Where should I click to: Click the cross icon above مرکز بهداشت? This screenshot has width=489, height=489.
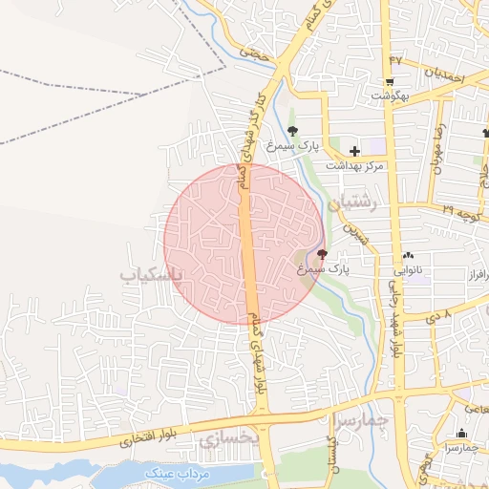354,151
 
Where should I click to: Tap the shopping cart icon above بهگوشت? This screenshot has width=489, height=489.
390,82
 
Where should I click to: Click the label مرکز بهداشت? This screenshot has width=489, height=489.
354,165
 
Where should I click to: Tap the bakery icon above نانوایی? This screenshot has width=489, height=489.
409,256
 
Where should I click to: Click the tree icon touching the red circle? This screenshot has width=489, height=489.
322,255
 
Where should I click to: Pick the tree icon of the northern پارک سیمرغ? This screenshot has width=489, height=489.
292,131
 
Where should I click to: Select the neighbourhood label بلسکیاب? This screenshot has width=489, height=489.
150,275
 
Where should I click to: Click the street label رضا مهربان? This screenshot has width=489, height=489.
440,142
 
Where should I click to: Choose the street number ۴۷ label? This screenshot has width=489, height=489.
395,62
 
